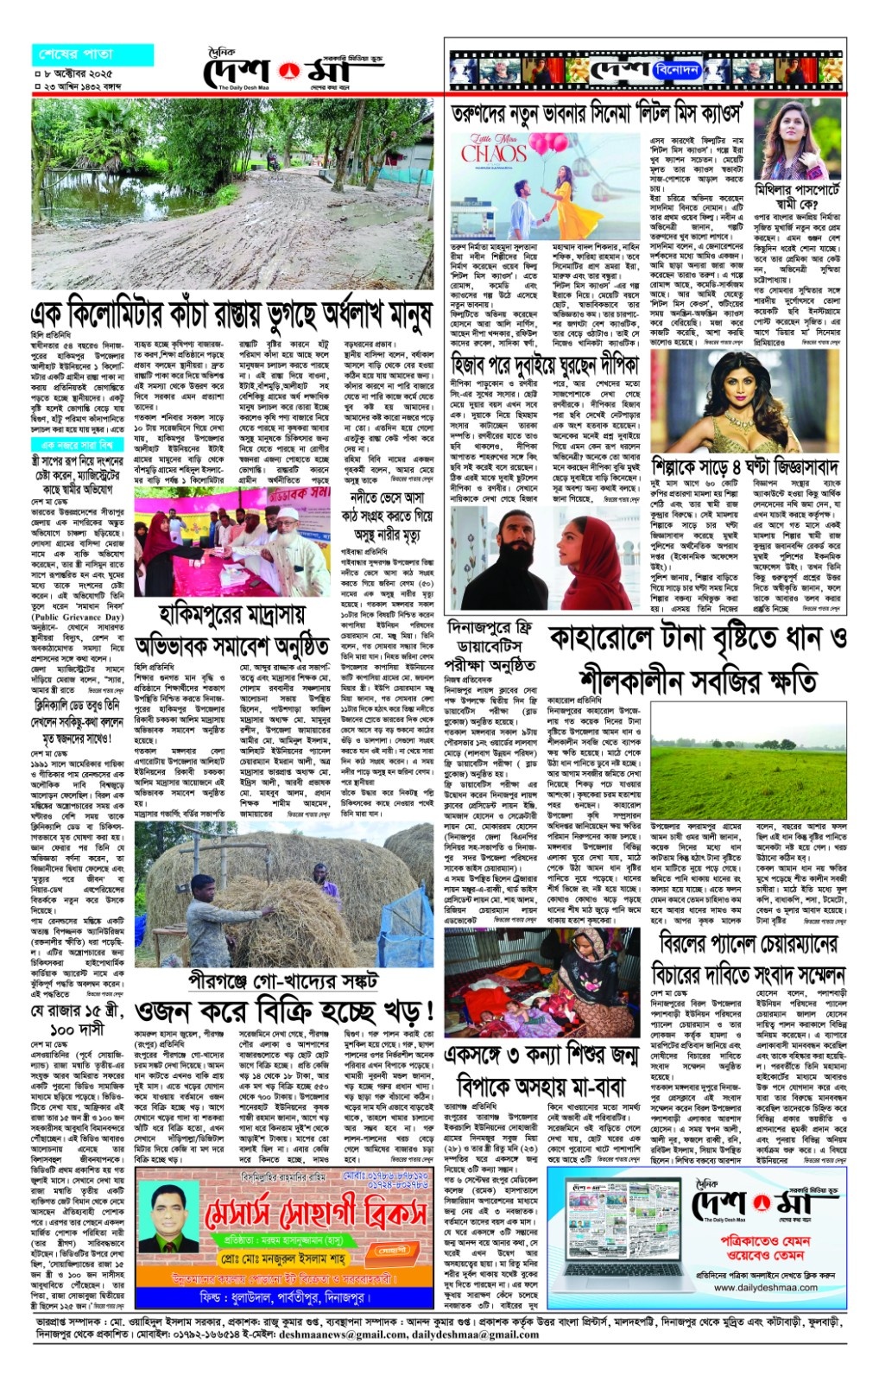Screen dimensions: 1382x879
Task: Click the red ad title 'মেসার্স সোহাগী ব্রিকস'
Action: [x=315, y=1215]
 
